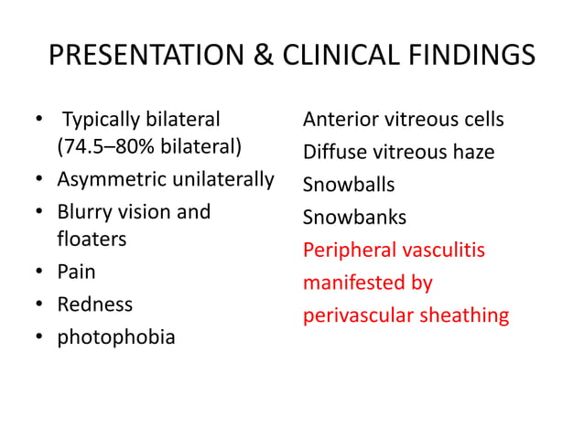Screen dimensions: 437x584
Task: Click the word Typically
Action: tap(103, 120)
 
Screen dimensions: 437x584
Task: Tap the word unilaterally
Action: tap(219, 180)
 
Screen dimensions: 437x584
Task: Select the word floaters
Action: tap(92, 240)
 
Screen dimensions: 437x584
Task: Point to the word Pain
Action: tap(77, 272)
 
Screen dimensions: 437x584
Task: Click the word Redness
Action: tap(94, 304)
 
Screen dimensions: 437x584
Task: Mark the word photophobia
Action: tap(116, 336)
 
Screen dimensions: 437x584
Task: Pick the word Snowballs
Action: tap(349, 185)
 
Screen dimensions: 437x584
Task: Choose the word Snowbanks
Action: tap(354, 218)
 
